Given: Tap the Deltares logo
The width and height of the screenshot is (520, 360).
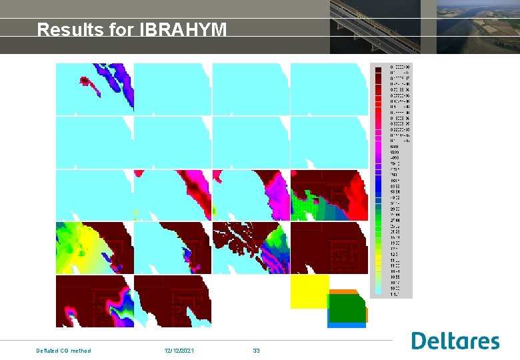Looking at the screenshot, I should [455, 341].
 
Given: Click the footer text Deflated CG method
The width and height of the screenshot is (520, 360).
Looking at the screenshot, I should [63, 351].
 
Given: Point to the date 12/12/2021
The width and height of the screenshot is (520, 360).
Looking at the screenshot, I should [179, 351].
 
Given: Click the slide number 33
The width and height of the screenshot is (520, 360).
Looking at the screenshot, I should [256, 351].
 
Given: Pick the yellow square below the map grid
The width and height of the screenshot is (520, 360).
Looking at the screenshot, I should [309, 292].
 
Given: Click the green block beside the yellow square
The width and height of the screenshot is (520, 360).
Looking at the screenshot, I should [347, 308].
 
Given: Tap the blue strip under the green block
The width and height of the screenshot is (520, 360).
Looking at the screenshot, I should [347, 325].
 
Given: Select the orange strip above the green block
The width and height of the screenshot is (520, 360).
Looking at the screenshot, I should [344, 292].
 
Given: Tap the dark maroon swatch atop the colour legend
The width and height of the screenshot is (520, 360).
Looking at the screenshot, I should [377, 68].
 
